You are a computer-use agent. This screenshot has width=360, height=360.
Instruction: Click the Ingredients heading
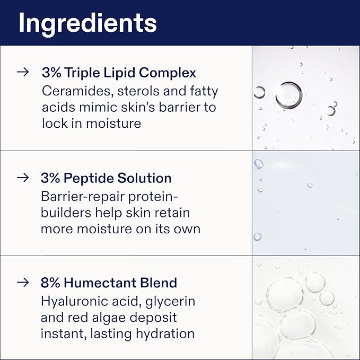(x=87, y=23)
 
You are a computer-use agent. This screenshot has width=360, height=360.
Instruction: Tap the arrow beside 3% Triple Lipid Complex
(x=22, y=73)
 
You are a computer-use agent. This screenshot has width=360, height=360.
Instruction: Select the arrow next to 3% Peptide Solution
(x=22, y=178)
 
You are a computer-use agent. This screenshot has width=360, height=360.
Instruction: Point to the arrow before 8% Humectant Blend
(x=22, y=283)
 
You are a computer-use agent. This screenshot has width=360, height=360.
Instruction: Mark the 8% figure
(x=49, y=283)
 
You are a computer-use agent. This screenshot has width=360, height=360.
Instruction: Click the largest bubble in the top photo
(x=288, y=95)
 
